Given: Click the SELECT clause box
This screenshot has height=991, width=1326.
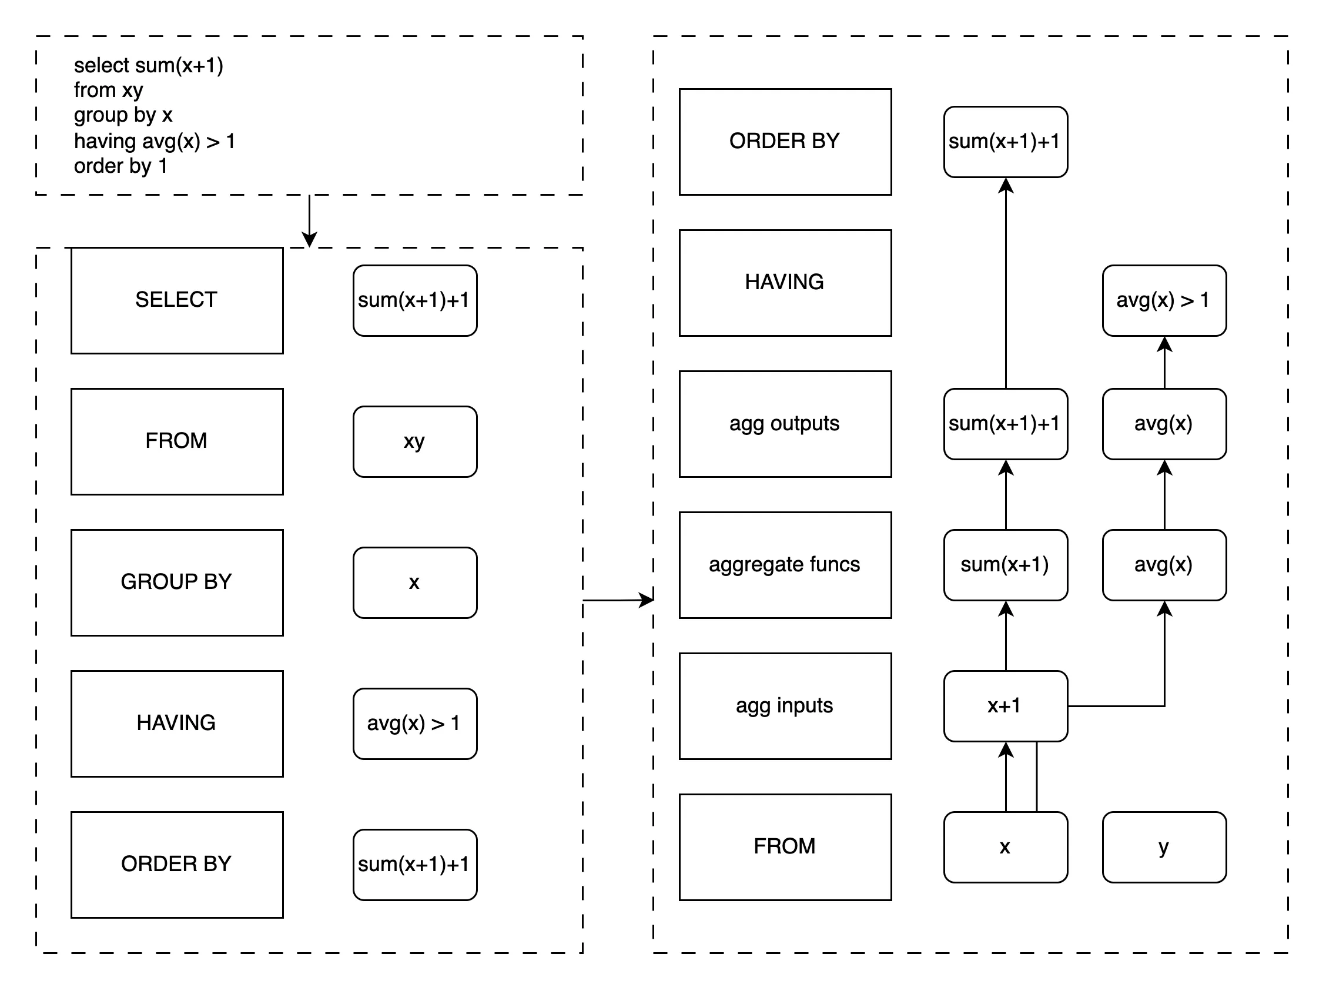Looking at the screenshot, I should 177,300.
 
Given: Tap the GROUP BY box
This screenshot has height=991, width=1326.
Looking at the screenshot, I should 177,582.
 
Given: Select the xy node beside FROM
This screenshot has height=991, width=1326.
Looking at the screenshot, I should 415,441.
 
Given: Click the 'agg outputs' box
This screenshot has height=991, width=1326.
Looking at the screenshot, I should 785,424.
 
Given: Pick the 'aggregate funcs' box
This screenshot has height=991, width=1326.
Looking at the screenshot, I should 785,565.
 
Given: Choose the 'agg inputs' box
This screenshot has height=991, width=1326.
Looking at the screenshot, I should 785,705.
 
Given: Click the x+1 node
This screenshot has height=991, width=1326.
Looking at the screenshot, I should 1005,705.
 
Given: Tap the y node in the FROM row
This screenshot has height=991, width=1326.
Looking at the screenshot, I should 1164,846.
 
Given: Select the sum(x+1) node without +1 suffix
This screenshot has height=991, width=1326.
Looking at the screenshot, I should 1005,565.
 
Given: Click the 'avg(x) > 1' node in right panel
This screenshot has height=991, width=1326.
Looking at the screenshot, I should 1164,300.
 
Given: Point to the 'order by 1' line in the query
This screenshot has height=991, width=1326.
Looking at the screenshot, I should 120,166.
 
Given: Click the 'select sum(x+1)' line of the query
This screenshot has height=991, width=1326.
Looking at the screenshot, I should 148,65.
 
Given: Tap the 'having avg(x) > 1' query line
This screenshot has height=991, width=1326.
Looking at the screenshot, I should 154,142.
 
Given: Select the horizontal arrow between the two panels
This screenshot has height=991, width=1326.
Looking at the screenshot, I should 617,600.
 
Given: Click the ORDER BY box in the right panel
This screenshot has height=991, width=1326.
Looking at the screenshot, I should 785,142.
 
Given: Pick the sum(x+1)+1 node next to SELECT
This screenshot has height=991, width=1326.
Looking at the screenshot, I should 415,300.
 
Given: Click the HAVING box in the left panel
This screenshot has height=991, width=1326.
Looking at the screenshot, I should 177,723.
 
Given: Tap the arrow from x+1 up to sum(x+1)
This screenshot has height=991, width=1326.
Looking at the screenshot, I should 1006,635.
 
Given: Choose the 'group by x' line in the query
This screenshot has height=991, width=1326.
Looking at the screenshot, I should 123,115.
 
